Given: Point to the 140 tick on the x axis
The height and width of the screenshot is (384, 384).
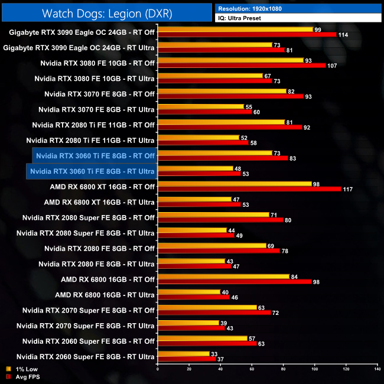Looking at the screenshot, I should [x=376, y=369].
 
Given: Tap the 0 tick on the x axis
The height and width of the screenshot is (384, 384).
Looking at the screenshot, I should [x=158, y=369].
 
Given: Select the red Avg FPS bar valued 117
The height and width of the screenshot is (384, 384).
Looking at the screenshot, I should [x=249, y=189].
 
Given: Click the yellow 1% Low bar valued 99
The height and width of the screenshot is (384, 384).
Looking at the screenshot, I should [x=235, y=30].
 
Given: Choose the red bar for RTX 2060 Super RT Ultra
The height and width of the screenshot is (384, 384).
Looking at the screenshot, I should [x=187, y=358].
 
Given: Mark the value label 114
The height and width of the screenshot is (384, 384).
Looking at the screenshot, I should [x=343, y=34].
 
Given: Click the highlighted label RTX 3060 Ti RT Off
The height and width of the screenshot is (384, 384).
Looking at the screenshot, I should [x=95, y=156].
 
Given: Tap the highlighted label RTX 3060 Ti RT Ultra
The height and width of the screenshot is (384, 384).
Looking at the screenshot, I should [x=92, y=171].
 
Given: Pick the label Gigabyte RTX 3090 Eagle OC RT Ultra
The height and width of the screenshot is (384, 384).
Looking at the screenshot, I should [x=79, y=47].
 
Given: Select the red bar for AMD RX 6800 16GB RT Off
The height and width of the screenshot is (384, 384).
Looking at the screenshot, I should [x=235, y=281].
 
